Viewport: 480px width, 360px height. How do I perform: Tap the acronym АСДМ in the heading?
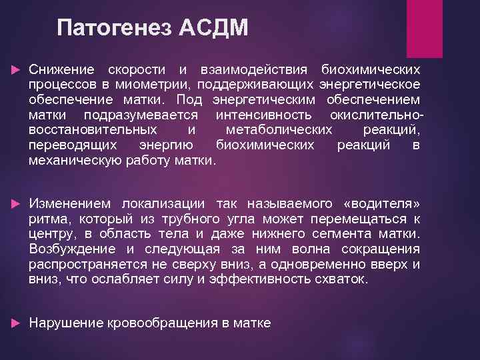213,29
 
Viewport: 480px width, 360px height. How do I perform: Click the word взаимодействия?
254,69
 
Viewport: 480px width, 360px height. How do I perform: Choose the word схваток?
345,279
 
